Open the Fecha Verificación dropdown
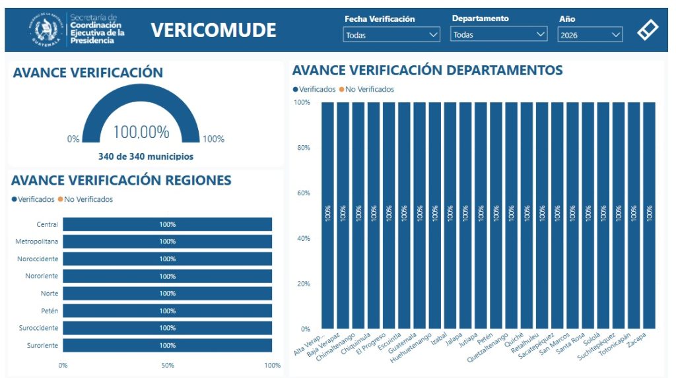tap(391, 35)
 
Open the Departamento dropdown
tap(499, 35)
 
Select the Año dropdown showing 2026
tap(590, 35)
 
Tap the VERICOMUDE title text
tap(213, 30)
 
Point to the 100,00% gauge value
tap(141, 132)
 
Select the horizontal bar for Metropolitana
tap(167, 241)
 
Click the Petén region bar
tap(167, 311)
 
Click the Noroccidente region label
tap(38, 259)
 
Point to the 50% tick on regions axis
tap(167, 365)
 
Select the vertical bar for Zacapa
tap(649, 215)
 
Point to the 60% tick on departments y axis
tap(302, 193)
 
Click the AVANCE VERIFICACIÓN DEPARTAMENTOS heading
tap(427, 71)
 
